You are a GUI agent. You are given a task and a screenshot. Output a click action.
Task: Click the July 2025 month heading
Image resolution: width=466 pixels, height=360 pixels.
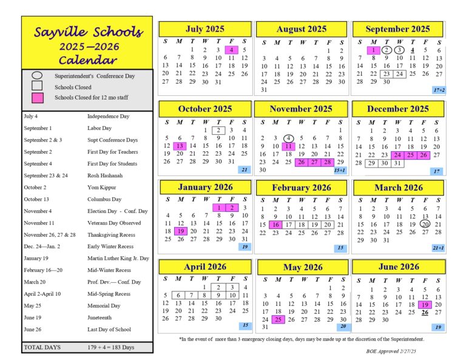pyautogui.click(x=204, y=29)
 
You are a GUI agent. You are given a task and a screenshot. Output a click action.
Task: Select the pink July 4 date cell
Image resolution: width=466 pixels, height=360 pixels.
pyautogui.click(x=231, y=50)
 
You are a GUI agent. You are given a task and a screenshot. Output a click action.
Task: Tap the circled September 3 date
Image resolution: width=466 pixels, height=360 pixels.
pyautogui.click(x=399, y=50)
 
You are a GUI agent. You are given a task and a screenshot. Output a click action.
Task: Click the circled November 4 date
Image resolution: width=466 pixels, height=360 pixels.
pyautogui.click(x=288, y=138)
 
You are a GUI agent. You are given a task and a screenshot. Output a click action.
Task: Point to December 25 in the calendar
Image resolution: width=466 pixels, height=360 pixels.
pyautogui.click(x=410, y=155)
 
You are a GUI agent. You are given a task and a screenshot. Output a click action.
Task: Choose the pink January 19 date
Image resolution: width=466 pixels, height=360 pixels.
pyautogui.click(x=180, y=231)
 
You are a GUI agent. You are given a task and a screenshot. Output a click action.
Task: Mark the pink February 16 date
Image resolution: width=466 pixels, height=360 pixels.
pyautogui.click(x=275, y=225)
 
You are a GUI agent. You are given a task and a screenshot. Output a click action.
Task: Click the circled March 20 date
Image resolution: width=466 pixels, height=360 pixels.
pyautogui.click(x=425, y=224)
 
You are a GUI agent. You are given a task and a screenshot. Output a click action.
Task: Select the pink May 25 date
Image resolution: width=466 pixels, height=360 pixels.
pyautogui.click(x=277, y=319)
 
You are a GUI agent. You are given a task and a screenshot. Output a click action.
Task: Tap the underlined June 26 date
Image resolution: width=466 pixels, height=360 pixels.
pyautogui.click(x=425, y=313)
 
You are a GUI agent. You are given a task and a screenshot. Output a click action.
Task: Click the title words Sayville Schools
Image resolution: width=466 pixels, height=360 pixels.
pyautogui.click(x=88, y=32)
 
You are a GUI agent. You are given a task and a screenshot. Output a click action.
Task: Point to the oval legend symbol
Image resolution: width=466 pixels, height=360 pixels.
pyautogui.click(x=37, y=75)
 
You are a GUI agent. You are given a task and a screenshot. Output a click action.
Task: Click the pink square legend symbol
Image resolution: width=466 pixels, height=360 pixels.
pyautogui.click(x=37, y=97)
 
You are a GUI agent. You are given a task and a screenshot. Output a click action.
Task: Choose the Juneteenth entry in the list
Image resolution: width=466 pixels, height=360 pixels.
pyautogui.click(x=103, y=317)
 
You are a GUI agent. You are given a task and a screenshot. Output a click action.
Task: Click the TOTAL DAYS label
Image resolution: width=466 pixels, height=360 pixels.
pyautogui.click(x=42, y=347)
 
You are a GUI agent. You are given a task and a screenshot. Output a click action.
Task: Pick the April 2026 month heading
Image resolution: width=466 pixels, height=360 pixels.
pyautogui.click(x=204, y=267)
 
